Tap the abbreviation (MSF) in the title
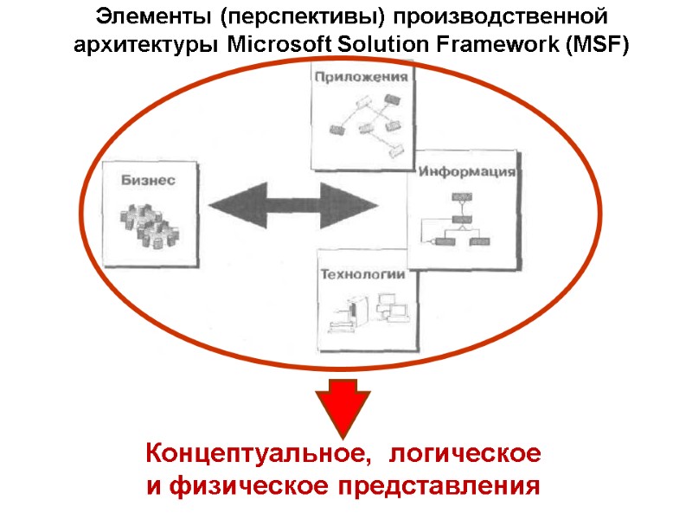[596, 46]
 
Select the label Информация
[468, 171]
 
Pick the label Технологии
[363, 276]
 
